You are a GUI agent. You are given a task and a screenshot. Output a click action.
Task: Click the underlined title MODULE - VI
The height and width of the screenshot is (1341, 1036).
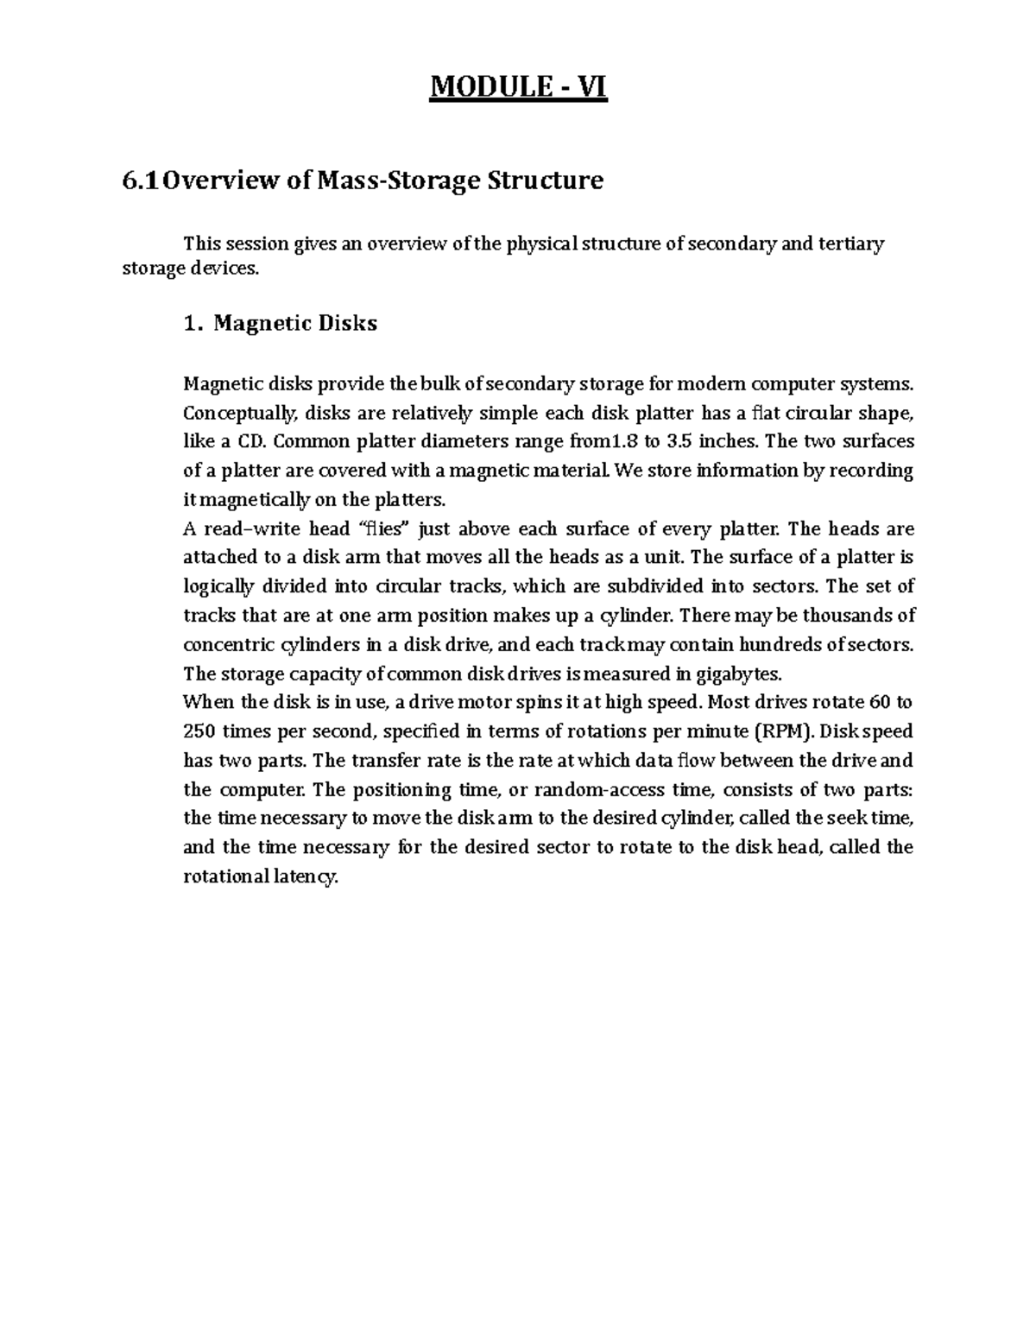[x=518, y=87]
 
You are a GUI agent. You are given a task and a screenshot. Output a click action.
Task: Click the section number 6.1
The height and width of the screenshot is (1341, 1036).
[x=141, y=181]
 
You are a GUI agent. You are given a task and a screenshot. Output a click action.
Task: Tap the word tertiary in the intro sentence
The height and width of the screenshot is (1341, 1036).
[x=855, y=244]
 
